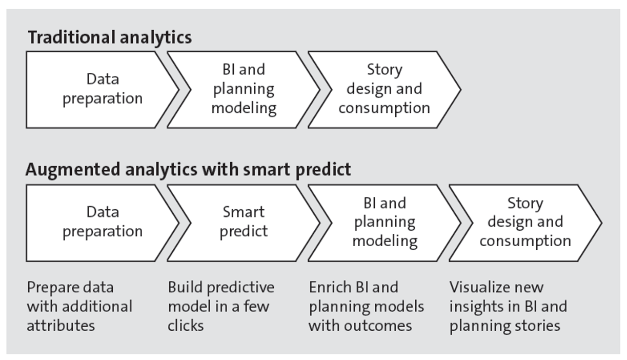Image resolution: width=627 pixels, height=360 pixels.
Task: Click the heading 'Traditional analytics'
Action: pyautogui.click(x=110, y=37)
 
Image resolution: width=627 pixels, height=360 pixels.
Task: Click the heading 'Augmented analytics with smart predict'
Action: pyautogui.click(x=188, y=170)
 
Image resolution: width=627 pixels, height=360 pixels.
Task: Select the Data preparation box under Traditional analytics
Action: pyautogui.click(x=102, y=89)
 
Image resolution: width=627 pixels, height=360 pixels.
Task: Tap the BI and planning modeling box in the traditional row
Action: pyautogui.click(x=244, y=89)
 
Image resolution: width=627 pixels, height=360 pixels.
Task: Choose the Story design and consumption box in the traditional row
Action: pyautogui.click(x=384, y=89)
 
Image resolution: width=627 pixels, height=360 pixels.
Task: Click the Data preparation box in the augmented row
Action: pyautogui.click(x=102, y=222)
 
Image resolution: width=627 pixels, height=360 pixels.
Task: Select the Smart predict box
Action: pyautogui.click(x=244, y=222)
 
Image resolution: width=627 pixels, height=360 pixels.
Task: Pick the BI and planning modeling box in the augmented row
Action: pyautogui.click(x=385, y=222)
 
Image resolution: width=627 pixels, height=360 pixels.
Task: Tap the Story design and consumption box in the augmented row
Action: pyautogui.click(x=525, y=222)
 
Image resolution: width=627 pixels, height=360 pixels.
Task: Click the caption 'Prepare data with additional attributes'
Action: pyautogui.click(x=79, y=306)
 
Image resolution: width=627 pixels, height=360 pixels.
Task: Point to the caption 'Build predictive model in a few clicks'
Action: pyautogui.click(x=221, y=306)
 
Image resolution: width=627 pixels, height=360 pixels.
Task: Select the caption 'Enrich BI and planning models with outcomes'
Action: pyautogui.click(x=366, y=306)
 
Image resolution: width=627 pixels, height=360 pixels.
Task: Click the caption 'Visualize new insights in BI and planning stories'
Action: pyautogui.click(x=508, y=306)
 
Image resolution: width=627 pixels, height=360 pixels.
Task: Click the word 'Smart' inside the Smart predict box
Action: pyautogui.click(x=244, y=212)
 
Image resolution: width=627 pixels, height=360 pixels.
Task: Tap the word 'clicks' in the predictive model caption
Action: pyautogui.click(x=186, y=326)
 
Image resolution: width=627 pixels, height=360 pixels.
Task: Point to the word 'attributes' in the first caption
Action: pyautogui.click(x=60, y=326)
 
